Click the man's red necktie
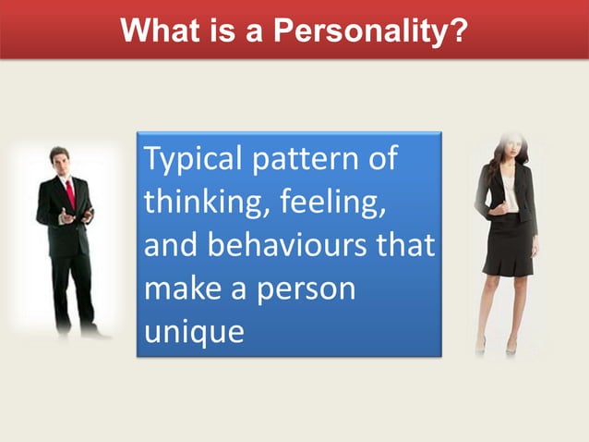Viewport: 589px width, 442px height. point(70,193)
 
